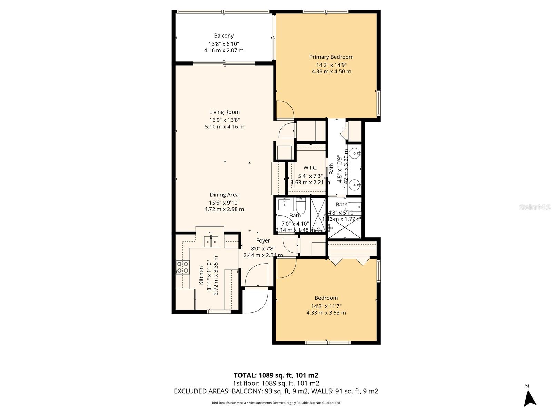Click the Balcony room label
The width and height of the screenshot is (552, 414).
[x=224, y=36]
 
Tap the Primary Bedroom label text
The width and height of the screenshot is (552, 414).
[x=331, y=57]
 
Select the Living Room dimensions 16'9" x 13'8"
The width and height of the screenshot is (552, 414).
[x=224, y=120]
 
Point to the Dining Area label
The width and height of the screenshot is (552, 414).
[x=224, y=195]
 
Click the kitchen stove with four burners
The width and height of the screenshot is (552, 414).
[x=183, y=267]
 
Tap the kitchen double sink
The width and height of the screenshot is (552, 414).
[x=211, y=242]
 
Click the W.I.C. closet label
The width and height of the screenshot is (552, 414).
[x=310, y=168]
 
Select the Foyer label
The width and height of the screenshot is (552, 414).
[x=263, y=240]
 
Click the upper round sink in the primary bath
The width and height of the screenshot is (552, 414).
[x=355, y=153]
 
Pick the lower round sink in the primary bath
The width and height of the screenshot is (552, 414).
[x=355, y=185]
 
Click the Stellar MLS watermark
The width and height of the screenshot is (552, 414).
[x=535, y=207]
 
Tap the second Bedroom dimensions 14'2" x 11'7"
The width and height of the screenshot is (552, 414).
[x=326, y=306]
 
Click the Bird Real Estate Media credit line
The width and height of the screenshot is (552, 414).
[x=276, y=403]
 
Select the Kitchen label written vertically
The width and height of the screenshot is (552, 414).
[x=201, y=275]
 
